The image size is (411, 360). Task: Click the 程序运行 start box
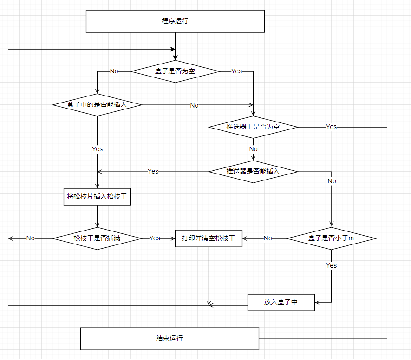[175, 21]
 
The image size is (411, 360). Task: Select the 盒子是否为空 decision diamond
[175, 71]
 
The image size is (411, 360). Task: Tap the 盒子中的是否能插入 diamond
[97, 105]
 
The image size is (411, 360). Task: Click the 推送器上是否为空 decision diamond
[253, 127]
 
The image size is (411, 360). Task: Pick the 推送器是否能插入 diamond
[253, 172]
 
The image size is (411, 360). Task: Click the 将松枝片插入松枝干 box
[97, 197]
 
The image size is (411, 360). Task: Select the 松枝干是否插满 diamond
[97, 238]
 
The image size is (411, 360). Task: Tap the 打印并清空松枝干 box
[209, 238]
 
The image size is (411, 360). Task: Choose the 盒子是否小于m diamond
[331, 238]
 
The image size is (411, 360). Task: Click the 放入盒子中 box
[281, 302]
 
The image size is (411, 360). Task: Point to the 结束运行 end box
[170, 338]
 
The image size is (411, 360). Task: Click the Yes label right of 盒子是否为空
[237, 71]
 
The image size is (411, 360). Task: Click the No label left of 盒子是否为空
[114, 71]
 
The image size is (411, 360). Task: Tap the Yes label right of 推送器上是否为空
[331, 127]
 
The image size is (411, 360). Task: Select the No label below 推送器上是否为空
[253, 149]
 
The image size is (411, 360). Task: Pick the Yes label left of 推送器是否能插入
[153, 172]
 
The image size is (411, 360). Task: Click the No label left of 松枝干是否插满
[30, 238]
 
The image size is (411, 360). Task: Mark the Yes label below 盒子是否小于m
[331, 265]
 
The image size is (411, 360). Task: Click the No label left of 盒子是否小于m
[268, 238]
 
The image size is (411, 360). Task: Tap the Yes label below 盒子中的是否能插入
[97, 149]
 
